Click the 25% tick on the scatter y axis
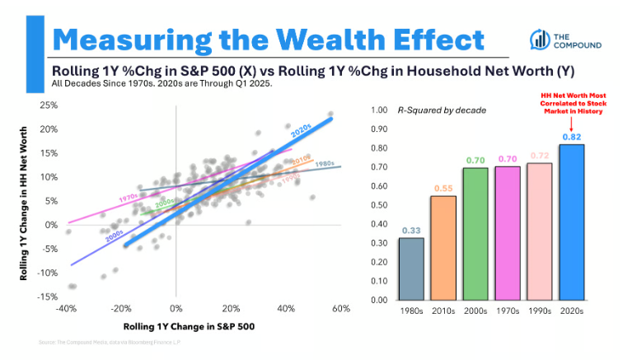[48, 106]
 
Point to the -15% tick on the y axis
[46, 297]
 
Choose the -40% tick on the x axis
[67, 308]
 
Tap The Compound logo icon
[540, 39]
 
